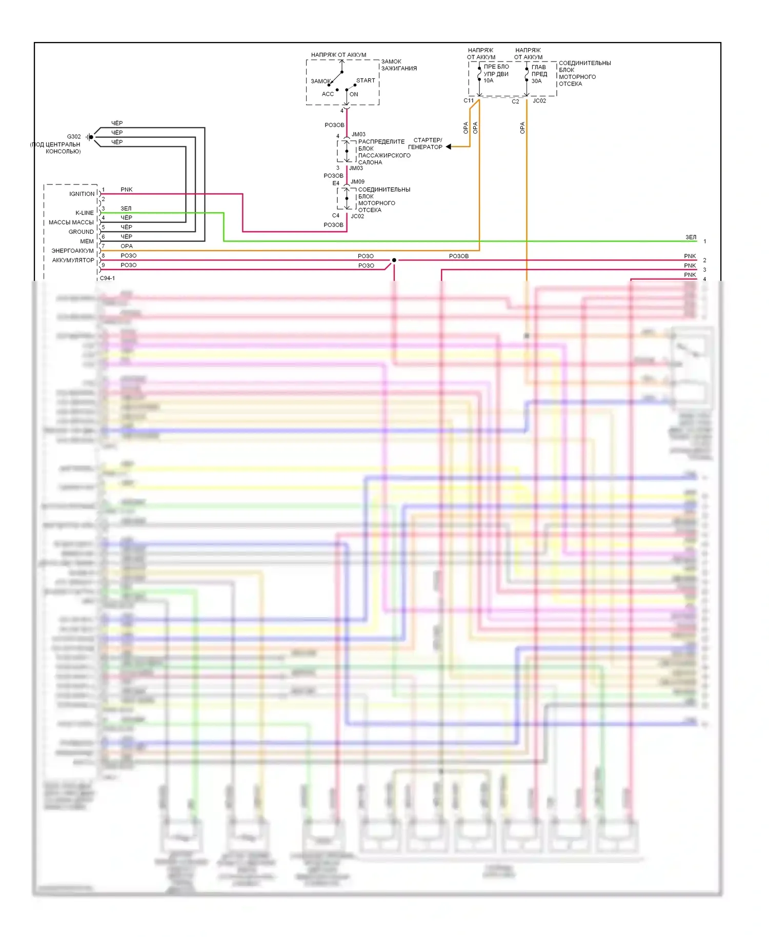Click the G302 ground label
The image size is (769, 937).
74,136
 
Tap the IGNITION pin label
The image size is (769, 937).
82,194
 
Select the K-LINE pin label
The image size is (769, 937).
85,213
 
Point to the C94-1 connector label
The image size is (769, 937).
107,278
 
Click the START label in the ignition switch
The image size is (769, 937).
366,80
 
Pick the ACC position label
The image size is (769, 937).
328,94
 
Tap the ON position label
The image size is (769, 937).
354,94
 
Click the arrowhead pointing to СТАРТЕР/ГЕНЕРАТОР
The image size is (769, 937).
449,147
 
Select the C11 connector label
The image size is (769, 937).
469,100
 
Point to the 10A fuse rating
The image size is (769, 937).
488,80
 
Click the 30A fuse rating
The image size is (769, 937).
536,81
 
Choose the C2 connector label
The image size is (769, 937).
515,101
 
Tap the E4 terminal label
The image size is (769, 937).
336,183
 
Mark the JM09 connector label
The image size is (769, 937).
357,181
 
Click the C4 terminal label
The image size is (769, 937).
336,215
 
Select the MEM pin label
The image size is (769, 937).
87,241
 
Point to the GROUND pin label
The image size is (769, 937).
81,232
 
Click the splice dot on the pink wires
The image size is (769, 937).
394,260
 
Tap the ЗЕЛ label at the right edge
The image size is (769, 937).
691,237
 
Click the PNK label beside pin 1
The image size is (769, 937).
126,190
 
